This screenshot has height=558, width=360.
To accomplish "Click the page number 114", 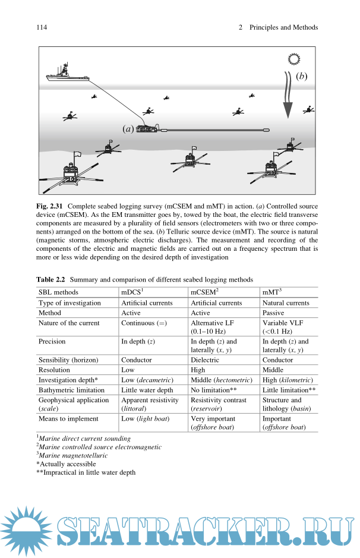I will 42,27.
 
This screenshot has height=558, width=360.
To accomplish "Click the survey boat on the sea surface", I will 66,76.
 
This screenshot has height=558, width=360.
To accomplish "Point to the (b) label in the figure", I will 301,76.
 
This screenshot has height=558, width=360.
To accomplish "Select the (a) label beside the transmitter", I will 128,128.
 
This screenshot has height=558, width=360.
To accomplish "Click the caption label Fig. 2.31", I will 52,206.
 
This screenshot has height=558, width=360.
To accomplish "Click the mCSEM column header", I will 204,292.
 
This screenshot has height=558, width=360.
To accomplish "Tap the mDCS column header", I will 132,292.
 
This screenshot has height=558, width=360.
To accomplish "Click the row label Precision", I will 52,342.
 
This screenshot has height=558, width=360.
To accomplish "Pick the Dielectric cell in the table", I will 205,360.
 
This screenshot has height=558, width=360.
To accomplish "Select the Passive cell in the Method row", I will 273,313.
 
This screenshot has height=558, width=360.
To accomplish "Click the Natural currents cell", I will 286,302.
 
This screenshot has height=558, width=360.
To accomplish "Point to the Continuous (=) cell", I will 143,323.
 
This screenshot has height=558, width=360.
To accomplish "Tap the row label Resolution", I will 54,370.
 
